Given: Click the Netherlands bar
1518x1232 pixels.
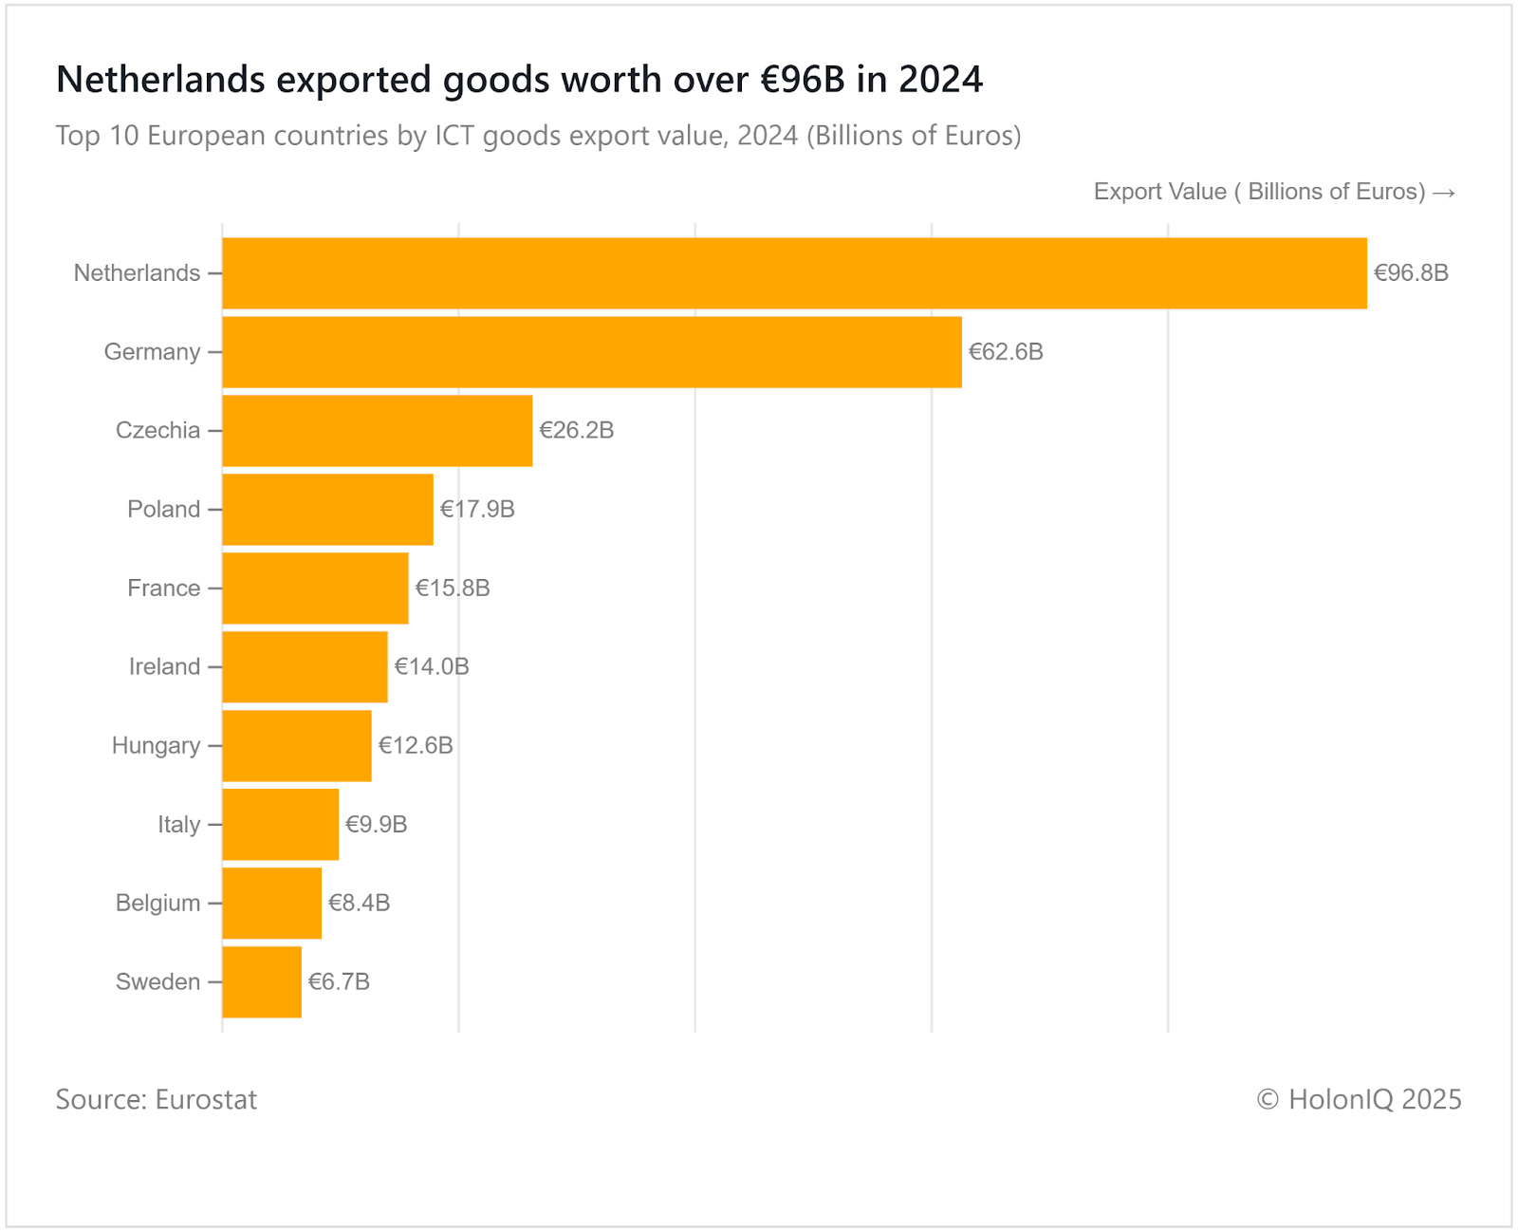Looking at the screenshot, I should coord(794,273).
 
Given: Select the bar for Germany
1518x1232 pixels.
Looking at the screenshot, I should coord(592,352).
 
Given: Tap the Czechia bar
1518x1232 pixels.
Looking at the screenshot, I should coord(378,431).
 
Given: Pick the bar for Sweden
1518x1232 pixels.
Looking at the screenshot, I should coord(262,982).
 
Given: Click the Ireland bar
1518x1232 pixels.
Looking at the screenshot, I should coord(305,667).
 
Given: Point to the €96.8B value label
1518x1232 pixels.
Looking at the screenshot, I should coord(1411,273).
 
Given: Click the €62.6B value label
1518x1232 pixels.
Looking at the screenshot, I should coord(1006,352).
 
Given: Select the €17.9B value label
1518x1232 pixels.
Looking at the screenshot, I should coord(477,510).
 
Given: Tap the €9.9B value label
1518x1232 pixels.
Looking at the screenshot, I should coord(377,825).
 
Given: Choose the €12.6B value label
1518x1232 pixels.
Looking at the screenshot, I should coord(416,746).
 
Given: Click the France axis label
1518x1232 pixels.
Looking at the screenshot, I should coord(163,588).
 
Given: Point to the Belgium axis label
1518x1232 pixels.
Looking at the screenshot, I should coord(157,904).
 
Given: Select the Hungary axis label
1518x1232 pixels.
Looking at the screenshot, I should coord(156,746).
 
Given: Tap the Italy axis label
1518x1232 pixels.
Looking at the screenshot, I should coord(178,825).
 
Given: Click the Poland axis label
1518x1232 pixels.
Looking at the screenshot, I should coord(163,510).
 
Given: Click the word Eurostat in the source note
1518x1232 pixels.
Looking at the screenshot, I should coord(206,1100).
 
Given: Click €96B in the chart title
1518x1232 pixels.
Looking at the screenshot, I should coord(803,80).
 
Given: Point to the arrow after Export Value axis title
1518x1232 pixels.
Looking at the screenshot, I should coord(1444,193).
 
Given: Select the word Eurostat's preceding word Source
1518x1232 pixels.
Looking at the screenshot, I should coord(100,1100).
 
